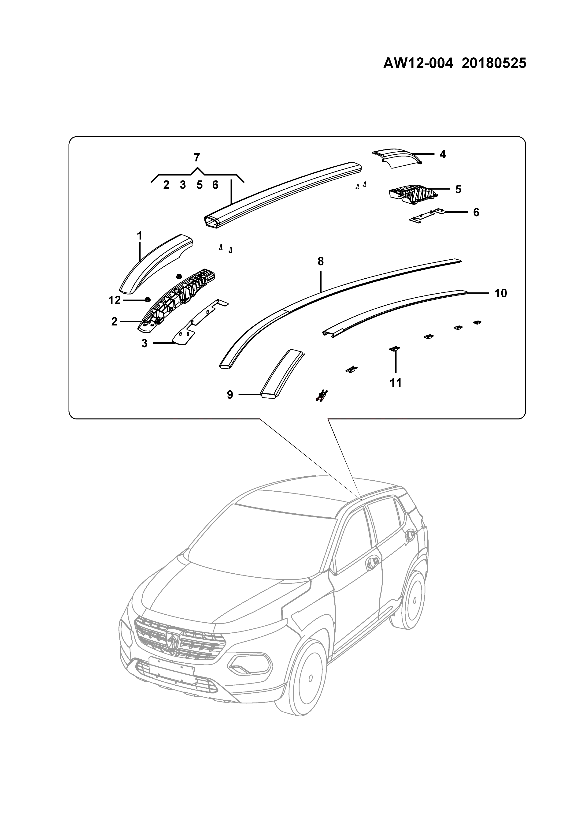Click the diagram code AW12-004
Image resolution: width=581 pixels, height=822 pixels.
[418, 63]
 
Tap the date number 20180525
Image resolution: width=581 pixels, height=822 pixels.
[494, 63]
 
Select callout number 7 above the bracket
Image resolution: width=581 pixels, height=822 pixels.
[197, 157]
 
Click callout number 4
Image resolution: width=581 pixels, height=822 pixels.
[443, 154]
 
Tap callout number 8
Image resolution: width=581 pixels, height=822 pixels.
[321, 262]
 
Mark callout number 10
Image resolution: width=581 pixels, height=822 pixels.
[501, 293]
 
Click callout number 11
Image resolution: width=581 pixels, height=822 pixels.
[396, 383]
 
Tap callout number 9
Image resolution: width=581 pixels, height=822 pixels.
[230, 395]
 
